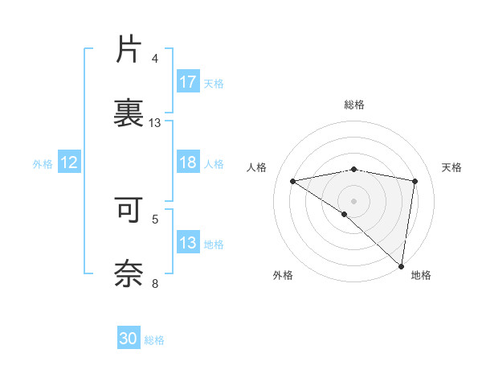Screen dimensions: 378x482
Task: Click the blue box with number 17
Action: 188,82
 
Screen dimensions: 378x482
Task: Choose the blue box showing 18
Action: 188,162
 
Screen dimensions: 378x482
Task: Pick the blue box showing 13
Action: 188,243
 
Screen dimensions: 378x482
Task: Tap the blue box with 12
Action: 69,162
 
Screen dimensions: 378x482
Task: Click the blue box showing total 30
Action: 129,339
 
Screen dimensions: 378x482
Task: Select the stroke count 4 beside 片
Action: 155,59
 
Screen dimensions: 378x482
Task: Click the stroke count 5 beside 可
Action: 155,218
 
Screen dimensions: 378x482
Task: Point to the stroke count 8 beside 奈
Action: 155,283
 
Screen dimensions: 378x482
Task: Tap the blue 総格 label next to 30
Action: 155,340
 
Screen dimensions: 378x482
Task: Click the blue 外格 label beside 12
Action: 43,163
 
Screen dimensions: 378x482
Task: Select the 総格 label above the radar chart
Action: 354,105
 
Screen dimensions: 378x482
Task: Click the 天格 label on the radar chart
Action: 452,167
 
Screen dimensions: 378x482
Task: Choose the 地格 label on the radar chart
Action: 421,275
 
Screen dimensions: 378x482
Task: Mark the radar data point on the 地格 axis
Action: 402,266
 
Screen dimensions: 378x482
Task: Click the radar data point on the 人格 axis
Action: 293,181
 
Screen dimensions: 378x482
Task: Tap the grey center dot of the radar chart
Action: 354,200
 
